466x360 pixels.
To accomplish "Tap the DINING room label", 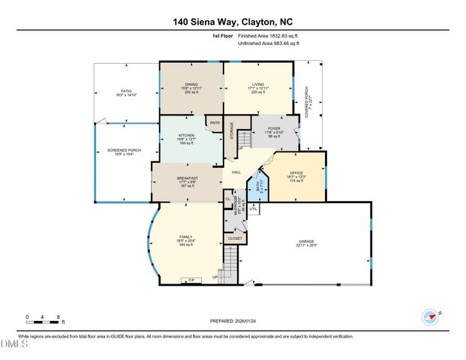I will (191, 84).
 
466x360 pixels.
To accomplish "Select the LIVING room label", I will (257, 84).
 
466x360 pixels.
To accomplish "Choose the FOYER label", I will (275, 129).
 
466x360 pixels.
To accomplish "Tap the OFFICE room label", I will (297, 173).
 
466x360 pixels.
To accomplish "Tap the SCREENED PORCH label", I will (125, 150).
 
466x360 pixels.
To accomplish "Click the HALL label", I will (236, 171).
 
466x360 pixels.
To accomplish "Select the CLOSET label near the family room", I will (235, 238).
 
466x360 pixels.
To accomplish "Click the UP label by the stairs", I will (216, 276).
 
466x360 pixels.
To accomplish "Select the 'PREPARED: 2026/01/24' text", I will (233, 321).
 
